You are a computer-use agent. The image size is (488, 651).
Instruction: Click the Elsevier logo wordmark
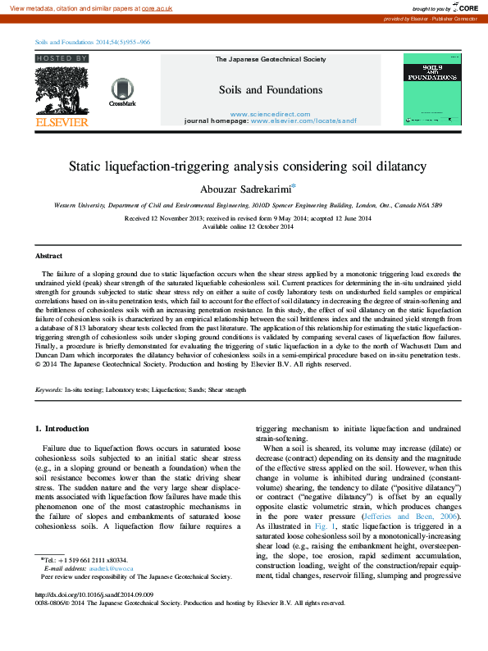point(62,121)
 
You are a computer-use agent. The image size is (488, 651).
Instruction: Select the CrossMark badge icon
point(121,92)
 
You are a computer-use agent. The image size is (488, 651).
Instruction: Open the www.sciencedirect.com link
point(270,113)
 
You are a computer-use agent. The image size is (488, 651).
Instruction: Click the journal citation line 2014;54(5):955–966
point(90,41)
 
